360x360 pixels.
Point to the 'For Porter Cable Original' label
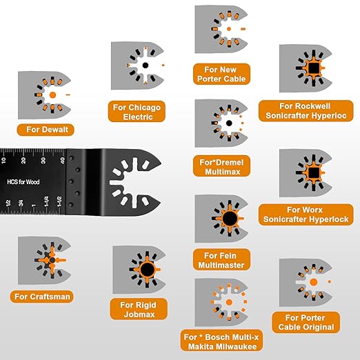303,322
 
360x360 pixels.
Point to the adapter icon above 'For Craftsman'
45,261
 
